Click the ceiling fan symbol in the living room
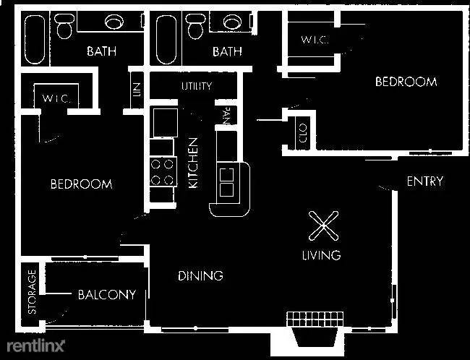(324, 226)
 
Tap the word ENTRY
(425, 181)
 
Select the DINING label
(200, 275)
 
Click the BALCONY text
(107, 295)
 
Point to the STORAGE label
(32, 291)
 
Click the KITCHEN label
(193, 163)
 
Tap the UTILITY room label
(197, 86)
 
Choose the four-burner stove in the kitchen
(163, 172)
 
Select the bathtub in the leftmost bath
(35, 39)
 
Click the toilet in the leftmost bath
(64, 26)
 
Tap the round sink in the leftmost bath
(114, 22)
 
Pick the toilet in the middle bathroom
(195, 26)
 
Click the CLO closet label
(303, 133)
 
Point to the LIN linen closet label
(137, 90)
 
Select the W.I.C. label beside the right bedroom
(315, 40)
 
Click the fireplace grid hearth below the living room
(315, 319)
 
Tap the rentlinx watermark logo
(35, 346)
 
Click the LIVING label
(321, 255)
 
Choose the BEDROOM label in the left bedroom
(82, 184)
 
